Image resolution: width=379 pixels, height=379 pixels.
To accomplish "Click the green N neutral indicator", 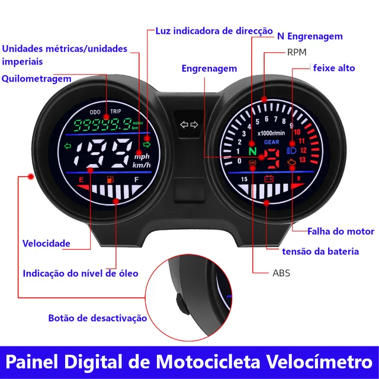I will [252, 152].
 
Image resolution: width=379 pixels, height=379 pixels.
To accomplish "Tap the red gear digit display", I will [272, 158].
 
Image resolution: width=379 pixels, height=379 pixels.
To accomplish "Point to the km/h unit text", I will [142, 165].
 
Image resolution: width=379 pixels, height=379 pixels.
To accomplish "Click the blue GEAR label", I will [272, 143].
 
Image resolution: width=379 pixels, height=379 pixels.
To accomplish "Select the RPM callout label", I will [297, 52].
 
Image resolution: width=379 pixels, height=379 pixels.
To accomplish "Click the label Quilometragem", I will [37, 79].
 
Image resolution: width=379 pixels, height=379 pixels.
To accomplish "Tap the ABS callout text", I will [281, 274].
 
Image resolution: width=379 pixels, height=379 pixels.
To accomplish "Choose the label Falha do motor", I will [341, 231].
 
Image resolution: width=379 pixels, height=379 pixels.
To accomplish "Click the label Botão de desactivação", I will [98, 318].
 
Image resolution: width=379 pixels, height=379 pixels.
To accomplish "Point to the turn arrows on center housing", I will [189, 125].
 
